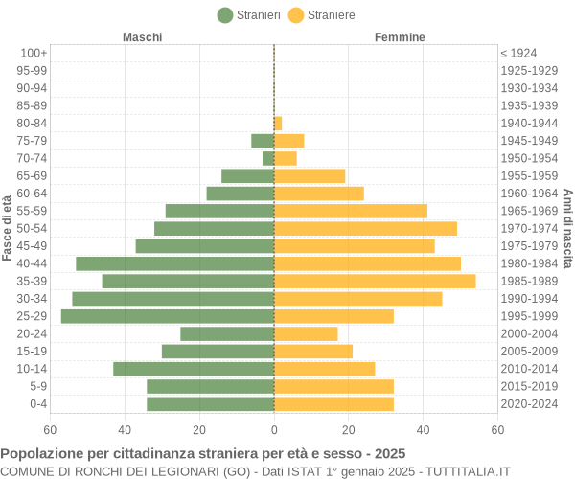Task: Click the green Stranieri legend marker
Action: tap(225, 14)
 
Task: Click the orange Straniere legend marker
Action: tap(296, 14)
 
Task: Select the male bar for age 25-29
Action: tap(168, 316)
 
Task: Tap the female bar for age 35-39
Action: tap(375, 281)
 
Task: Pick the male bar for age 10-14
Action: tap(194, 369)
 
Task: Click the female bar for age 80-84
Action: tap(278, 123)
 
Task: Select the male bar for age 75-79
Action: tap(263, 141)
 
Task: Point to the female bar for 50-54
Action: tap(365, 228)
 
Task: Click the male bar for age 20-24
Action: tap(227, 333)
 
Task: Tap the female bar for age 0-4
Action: tap(333, 403)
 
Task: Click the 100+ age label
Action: tap(34, 53)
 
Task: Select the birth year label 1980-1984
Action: tap(529, 263)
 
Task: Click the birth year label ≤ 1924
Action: tap(518, 53)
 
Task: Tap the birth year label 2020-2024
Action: tap(529, 403)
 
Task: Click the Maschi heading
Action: tap(142, 37)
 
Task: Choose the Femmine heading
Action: tap(400, 37)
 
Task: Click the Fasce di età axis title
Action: tap(8, 228)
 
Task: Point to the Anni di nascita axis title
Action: tap(567, 228)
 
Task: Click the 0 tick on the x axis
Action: tap(274, 430)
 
